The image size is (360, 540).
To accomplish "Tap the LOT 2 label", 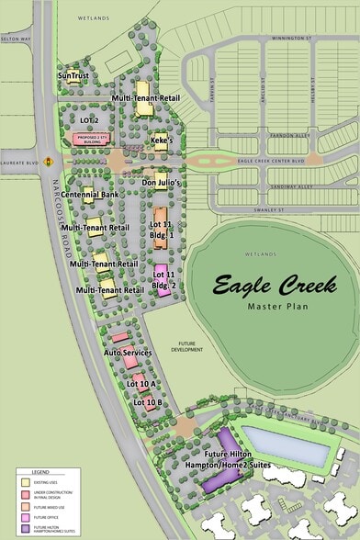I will click(x=89, y=119).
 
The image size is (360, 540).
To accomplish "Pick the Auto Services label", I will click(x=127, y=353).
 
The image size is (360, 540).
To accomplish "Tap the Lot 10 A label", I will click(x=144, y=383).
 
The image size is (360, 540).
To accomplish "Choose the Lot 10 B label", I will click(x=148, y=402).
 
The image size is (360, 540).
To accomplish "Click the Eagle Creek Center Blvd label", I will click(x=267, y=161).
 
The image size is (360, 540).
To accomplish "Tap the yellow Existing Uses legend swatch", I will click(x=25, y=480).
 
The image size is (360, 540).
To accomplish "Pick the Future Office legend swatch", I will click(x=25, y=515).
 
